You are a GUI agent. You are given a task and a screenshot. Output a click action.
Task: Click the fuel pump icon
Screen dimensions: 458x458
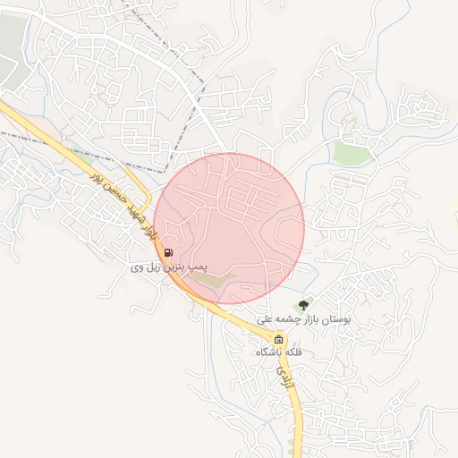pos(170,253)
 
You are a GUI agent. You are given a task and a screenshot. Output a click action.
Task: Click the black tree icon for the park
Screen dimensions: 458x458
pos(309,307)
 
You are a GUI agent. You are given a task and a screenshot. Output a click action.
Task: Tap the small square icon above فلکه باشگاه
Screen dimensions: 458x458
pos(278,340)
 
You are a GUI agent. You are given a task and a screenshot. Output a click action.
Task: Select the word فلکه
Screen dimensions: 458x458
pos(292,352)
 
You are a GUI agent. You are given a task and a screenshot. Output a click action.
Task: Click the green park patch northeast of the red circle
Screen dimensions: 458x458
pos(352,152)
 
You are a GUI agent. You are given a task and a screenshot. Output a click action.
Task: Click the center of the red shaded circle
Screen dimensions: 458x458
pos(229,228)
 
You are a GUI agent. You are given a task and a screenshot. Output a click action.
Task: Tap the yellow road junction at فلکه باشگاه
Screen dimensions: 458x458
pos(268,335)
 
